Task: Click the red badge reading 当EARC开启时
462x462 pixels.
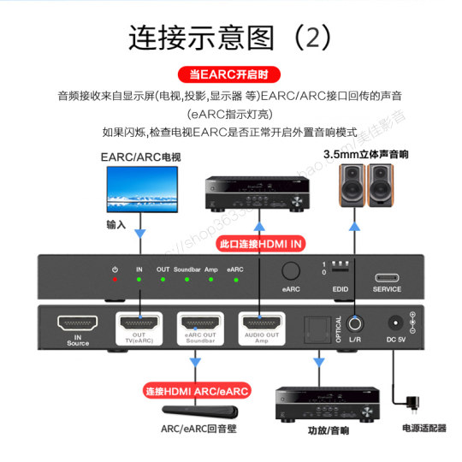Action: point(230,75)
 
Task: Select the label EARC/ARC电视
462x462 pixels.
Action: point(139,157)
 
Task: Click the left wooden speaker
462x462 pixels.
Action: point(351,186)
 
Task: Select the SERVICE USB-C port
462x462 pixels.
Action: point(387,278)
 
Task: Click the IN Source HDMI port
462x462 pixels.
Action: point(77,325)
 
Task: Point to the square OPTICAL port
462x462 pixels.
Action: point(317,326)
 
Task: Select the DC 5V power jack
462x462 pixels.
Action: point(396,325)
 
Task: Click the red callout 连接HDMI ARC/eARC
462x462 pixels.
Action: point(196,392)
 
